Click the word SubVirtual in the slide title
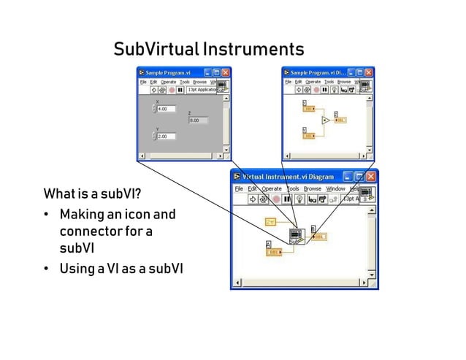pos(155,50)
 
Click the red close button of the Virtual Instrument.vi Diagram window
pos(373,177)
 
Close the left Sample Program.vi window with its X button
pos(226,73)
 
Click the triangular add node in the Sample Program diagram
pos(326,120)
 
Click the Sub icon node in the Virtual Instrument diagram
pos(297,236)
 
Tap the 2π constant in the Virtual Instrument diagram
pos(271,221)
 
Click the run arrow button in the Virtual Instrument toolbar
pos(252,198)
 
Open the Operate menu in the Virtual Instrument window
pos(272,188)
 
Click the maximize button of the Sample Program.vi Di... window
pos(360,73)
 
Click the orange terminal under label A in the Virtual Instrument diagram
pos(274,252)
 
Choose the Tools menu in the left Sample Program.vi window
pos(185,82)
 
